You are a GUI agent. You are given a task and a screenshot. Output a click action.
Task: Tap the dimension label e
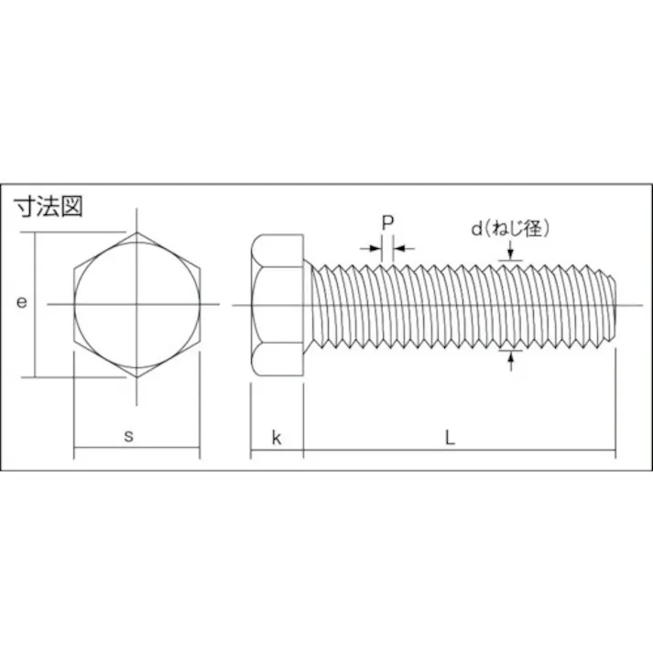coord(21,303)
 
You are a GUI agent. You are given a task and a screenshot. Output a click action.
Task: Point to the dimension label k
coord(276,438)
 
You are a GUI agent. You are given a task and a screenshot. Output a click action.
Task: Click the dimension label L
coord(450,438)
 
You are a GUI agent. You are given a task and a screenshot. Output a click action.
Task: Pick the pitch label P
coord(387,223)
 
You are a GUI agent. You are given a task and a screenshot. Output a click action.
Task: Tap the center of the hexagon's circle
coord(136,303)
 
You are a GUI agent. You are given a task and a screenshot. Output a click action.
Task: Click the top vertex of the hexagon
coord(136,233)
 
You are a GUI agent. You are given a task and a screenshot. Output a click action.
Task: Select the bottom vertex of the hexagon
coord(136,375)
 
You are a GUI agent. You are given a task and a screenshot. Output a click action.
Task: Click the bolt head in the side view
coord(277,303)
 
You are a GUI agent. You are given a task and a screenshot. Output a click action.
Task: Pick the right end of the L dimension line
coord(615,450)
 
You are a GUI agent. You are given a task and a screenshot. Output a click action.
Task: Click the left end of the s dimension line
coord(74,450)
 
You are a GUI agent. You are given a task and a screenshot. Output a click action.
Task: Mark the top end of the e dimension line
coord(36,233)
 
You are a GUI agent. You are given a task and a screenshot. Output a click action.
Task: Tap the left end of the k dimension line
coord(251,450)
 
